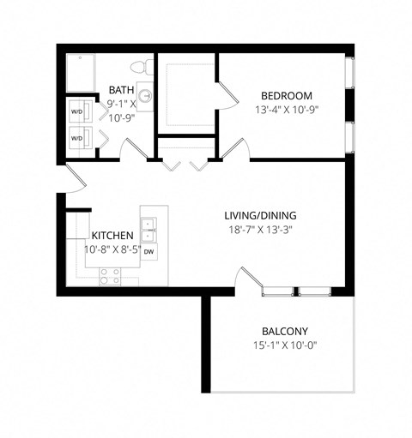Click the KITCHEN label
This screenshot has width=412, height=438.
click(112, 235)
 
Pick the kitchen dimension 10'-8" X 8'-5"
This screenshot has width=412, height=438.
click(112, 249)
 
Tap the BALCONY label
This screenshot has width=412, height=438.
click(284, 331)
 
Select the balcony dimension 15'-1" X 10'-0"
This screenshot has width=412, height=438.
click(284, 345)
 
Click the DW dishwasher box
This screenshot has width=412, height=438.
click(148, 251)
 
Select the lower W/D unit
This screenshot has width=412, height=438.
click(77, 137)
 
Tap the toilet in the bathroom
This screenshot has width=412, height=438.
click(141, 67)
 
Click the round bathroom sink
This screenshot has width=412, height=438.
click(145, 95)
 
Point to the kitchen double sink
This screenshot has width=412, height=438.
click(148, 228)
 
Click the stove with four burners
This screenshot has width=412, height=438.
click(110, 275)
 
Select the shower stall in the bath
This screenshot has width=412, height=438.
click(80, 69)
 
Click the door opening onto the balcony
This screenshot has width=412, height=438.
click(250, 280)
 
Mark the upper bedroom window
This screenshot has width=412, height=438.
click(348, 73)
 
